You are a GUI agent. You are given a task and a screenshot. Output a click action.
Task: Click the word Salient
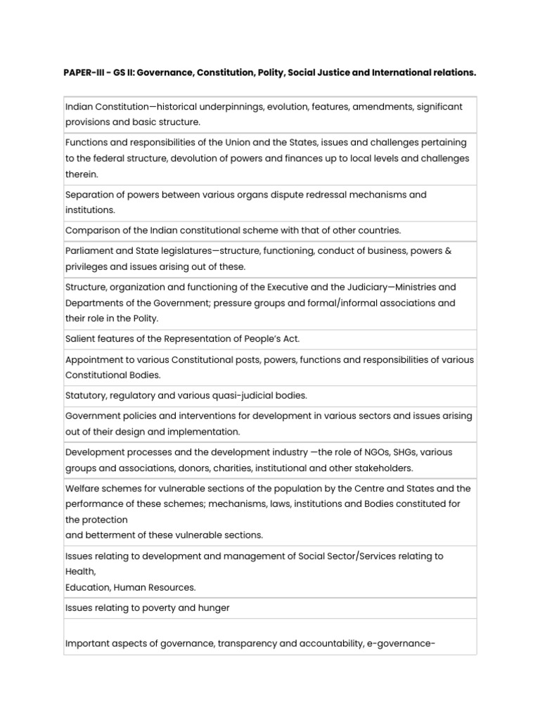(80, 339)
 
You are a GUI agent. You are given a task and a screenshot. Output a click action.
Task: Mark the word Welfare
(83, 489)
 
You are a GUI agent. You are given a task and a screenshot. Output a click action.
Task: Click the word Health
(79, 572)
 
